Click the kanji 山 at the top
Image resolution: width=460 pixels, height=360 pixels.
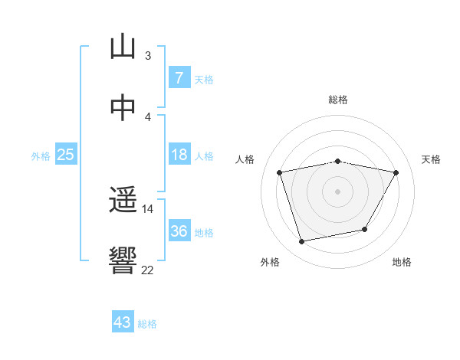point(123,47)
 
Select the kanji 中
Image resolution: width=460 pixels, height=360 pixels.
point(123,109)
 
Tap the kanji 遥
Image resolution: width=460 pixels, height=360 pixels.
point(123,201)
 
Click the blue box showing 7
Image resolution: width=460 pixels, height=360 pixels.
point(179,78)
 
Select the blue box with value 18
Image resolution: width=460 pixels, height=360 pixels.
point(179,155)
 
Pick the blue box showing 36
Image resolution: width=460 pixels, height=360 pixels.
point(179,231)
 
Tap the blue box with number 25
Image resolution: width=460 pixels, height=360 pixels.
point(66,155)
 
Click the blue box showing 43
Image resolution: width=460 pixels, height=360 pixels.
point(123,322)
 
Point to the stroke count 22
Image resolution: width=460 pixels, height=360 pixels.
point(147,270)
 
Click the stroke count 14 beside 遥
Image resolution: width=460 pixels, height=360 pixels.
point(147,208)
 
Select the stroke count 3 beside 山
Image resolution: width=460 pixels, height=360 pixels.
point(147,55)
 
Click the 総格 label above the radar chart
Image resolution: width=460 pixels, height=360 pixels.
point(338,100)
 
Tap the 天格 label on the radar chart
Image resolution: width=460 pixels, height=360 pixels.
point(432,159)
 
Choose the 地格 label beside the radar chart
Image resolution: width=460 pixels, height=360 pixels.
point(402,262)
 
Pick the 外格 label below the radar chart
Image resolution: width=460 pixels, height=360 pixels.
point(270,262)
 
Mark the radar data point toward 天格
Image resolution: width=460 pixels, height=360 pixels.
point(396,173)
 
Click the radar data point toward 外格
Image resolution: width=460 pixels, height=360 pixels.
point(302,241)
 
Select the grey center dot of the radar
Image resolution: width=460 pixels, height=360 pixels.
point(338,191)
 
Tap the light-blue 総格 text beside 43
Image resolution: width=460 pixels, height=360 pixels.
point(147,324)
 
